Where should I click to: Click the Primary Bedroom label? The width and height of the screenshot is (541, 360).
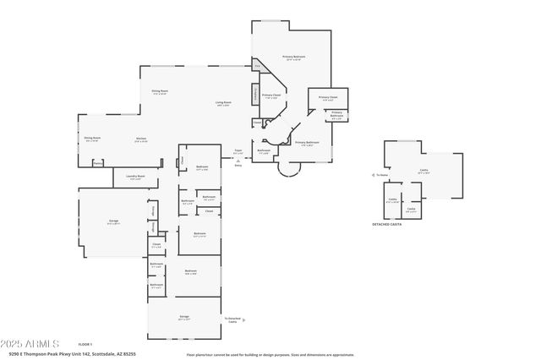pyautogui.click(x=294, y=57)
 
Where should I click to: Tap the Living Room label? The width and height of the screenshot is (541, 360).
pyautogui.click(x=222, y=103)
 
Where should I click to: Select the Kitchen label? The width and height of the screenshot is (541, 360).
pyautogui.click(x=141, y=139)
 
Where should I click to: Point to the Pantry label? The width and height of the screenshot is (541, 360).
pyautogui.click(x=98, y=162)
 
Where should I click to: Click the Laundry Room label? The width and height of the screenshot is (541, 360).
pyautogui.click(x=135, y=177)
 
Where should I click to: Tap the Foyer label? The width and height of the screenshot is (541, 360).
pyautogui.click(x=238, y=151)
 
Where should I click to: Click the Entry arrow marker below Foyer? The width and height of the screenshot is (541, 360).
pyautogui.click(x=238, y=165)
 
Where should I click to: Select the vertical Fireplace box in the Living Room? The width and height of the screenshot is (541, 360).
pyautogui.click(x=254, y=94)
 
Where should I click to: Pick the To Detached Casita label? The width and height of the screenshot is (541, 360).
pyautogui.click(x=233, y=320)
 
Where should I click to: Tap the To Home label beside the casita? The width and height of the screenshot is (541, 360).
pyautogui.click(x=383, y=175)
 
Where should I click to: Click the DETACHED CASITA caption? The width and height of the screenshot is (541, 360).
pyautogui.click(x=387, y=225)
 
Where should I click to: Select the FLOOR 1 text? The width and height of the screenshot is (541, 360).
pyautogui.click(x=85, y=345)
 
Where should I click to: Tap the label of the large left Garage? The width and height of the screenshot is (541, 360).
pyautogui.click(x=112, y=221)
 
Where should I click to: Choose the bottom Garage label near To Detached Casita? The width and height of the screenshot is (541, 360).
pyautogui.click(x=183, y=317)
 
